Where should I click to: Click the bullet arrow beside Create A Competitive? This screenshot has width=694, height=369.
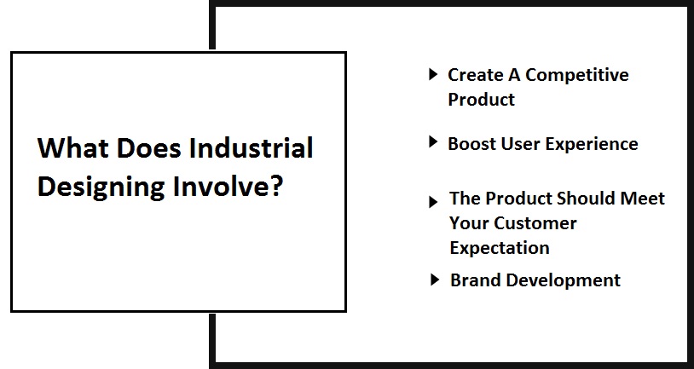pyautogui.click(x=433, y=74)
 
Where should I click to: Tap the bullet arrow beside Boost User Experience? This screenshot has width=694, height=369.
pyautogui.click(x=433, y=142)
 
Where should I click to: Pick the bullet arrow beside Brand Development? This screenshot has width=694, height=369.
pyautogui.click(x=435, y=279)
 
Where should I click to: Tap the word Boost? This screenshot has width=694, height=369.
pyautogui.click(x=471, y=143)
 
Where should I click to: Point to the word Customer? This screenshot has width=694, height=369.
pyautogui.click(x=535, y=223)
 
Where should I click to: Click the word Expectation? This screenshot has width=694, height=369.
pyautogui.click(x=500, y=248)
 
